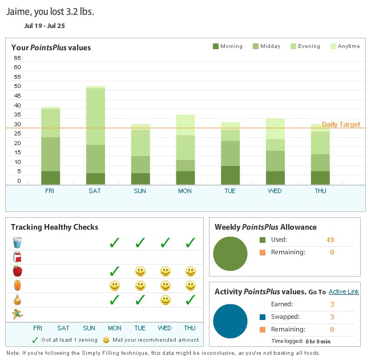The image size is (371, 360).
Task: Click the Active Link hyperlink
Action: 344,292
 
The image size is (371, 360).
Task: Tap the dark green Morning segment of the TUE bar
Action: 230,175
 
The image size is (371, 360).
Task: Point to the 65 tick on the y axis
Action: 17,58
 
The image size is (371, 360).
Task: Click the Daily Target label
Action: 341,125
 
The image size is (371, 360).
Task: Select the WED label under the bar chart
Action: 275,191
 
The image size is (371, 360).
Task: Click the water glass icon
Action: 17,242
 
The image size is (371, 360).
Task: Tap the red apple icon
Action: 17,271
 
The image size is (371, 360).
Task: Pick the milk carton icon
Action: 17,257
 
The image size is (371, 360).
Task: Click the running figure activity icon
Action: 17,314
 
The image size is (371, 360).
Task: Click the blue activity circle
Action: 230,321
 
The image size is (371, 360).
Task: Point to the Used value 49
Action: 330,240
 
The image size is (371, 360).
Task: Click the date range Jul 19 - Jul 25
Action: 45,26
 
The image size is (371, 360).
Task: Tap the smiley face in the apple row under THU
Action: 190,271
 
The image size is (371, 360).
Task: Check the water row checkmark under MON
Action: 114,242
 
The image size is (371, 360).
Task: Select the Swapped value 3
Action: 332,317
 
